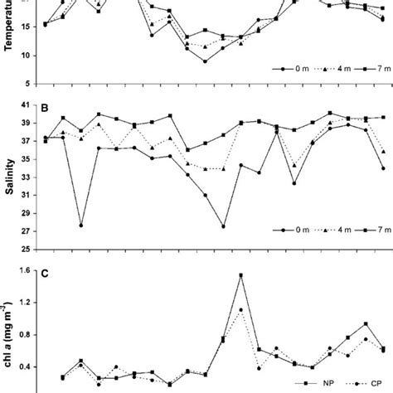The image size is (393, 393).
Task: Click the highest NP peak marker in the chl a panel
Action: coord(241,275)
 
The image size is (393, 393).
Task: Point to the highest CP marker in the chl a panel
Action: coord(241,309)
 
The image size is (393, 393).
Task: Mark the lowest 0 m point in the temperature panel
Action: coord(206,61)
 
